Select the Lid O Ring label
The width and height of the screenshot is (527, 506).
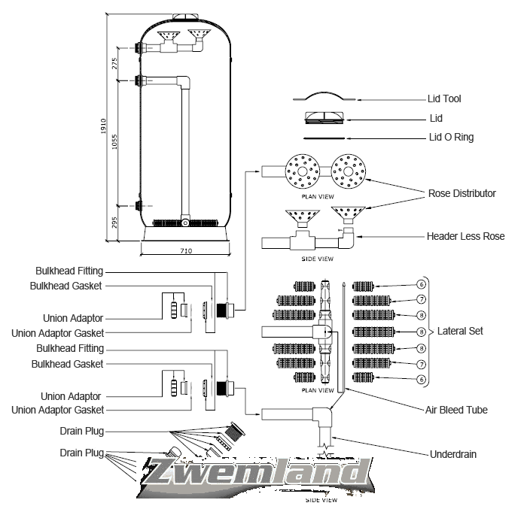[451, 138]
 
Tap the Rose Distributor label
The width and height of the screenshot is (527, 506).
[462, 193]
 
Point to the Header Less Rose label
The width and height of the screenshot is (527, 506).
[465, 236]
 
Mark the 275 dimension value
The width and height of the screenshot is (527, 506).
[114, 63]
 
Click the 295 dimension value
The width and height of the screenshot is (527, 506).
[114, 223]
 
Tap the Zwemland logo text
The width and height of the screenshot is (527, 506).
[255, 474]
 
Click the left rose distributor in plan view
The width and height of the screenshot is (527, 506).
[303, 172]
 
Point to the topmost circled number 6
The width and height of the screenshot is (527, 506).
[422, 284]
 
